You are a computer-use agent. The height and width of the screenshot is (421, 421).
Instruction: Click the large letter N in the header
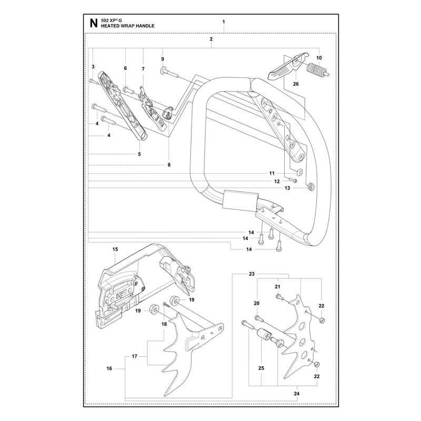click(x=94, y=23)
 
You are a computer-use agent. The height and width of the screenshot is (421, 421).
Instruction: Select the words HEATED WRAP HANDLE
click(x=127, y=26)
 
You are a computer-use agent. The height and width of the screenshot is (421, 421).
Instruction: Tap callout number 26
click(x=296, y=84)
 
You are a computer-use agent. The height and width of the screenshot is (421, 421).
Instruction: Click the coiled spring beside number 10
click(x=318, y=71)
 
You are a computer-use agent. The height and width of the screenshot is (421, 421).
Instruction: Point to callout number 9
click(x=163, y=59)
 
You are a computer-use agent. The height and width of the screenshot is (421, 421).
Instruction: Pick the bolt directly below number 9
click(x=169, y=73)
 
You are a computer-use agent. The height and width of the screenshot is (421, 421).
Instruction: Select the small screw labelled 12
click(x=293, y=181)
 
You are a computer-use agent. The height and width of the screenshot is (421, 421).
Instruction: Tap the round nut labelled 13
click(x=312, y=186)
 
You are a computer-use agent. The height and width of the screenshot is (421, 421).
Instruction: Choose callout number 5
click(x=139, y=154)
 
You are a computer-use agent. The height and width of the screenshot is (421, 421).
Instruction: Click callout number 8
click(x=169, y=165)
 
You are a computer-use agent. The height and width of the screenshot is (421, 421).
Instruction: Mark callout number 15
click(x=115, y=249)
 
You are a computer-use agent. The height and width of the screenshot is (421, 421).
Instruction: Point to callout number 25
click(x=261, y=368)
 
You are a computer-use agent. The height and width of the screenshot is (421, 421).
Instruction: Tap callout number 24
click(x=296, y=394)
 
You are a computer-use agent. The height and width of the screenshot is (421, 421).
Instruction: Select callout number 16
click(x=109, y=368)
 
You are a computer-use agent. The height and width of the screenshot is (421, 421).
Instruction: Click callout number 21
click(x=278, y=287)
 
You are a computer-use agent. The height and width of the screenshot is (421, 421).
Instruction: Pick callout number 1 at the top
click(x=224, y=22)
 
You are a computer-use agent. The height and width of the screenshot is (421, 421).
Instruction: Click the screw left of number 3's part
click(x=94, y=82)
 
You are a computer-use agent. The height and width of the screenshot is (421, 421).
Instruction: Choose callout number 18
click(x=164, y=324)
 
